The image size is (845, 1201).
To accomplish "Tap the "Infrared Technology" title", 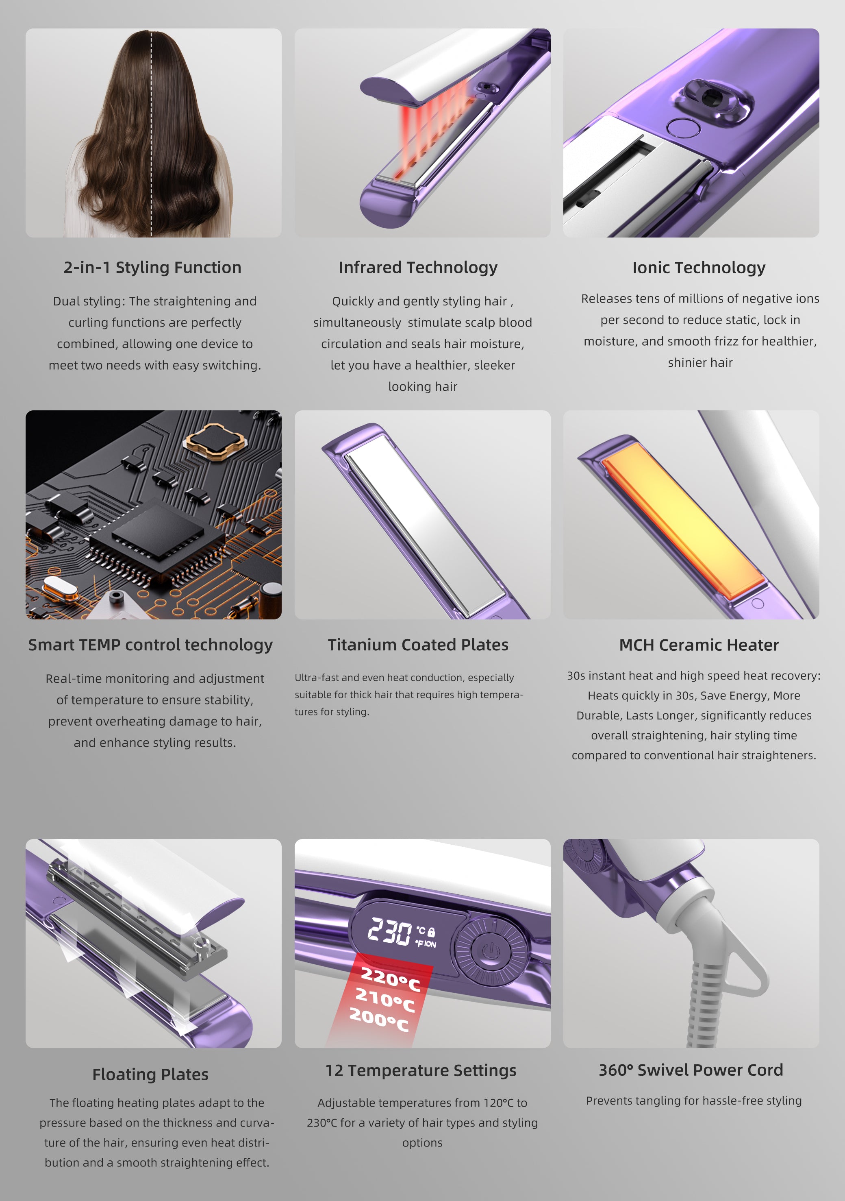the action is click(418, 268).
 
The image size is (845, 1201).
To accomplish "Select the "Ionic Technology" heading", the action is click(699, 268).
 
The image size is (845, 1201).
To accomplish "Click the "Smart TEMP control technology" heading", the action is click(151, 645).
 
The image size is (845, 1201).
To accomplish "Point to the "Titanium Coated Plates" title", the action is click(418, 645).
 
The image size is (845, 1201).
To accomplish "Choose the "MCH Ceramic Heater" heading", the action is click(699, 645).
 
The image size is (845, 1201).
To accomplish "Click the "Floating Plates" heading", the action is click(151, 1075).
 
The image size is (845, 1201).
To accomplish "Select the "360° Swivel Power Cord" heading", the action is click(691, 1070).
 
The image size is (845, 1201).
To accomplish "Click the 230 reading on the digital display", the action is click(389, 932).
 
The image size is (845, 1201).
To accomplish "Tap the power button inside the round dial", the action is click(490, 950).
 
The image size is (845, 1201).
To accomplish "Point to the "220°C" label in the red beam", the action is click(391, 979).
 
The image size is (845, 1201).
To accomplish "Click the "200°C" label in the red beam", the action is click(379, 1020).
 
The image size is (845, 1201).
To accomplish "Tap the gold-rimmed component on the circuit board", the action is click(215, 442).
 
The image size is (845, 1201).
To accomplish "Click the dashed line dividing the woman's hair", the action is click(151, 133).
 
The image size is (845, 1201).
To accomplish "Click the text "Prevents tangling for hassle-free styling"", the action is click(693, 1101).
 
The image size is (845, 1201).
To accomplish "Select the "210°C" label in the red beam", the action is click(385, 1000).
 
